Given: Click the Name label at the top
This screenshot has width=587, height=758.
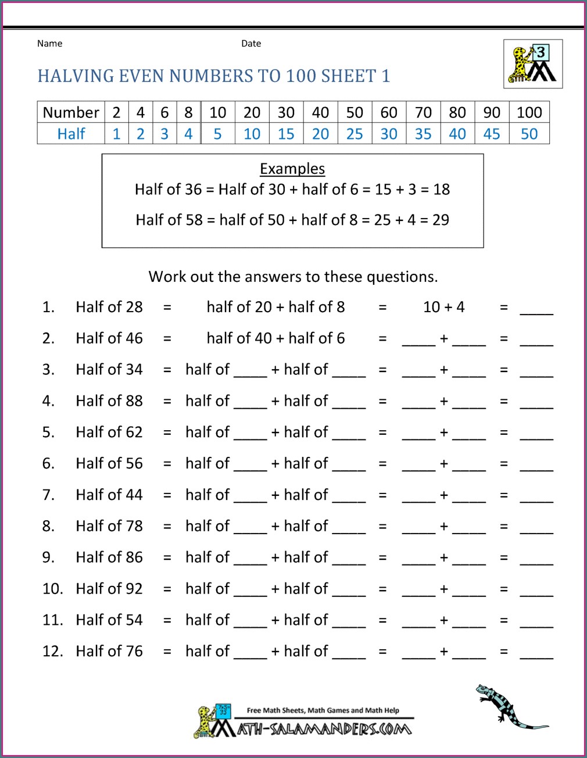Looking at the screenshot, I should [49, 44].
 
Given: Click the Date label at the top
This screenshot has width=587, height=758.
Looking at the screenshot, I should [251, 44].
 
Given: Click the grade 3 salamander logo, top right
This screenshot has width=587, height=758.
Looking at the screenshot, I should [533, 64].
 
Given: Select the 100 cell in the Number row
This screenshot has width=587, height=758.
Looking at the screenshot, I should [529, 112].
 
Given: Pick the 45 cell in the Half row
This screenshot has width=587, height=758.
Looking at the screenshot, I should [492, 134].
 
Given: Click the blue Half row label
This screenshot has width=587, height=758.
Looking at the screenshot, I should [71, 134].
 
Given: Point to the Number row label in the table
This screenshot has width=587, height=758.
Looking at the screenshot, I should [71, 112].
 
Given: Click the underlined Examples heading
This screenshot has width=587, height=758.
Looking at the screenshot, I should [292, 169].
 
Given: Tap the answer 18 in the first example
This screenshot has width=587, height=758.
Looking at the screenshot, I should [442, 189].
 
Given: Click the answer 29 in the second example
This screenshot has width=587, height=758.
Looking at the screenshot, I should [441, 220].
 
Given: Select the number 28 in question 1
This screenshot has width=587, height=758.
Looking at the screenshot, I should [134, 307].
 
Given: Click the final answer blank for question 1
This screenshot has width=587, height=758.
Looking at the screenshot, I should [536, 308].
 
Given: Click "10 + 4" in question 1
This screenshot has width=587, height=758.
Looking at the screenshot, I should [444, 307].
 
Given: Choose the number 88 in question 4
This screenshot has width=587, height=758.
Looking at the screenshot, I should [134, 401].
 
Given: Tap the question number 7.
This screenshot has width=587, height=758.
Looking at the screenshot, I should [48, 495].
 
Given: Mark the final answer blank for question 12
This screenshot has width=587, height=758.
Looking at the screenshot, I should [536, 653].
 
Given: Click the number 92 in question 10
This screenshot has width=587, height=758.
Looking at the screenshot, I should [134, 589].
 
